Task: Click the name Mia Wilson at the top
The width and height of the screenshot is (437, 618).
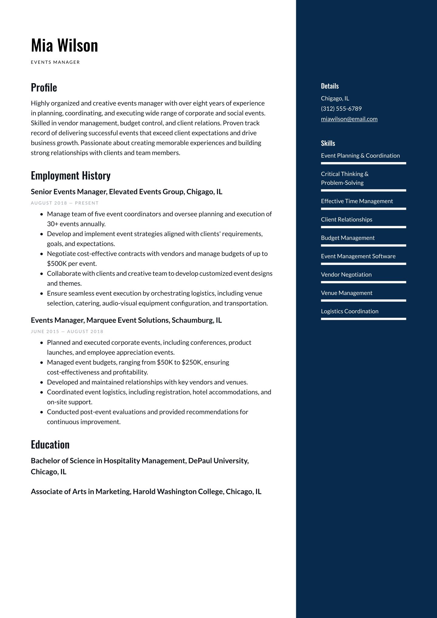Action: (64, 46)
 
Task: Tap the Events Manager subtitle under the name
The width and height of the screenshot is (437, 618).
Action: (55, 62)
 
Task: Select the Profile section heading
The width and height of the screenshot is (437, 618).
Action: (44, 87)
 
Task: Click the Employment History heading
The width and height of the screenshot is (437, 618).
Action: (71, 175)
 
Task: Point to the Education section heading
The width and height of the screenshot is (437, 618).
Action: (50, 445)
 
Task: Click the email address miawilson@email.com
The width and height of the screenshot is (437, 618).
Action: (349, 119)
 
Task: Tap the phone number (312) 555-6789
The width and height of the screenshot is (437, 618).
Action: (341, 109)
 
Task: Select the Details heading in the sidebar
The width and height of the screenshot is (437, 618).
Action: (330, 86)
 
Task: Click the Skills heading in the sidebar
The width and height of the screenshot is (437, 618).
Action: (328, 143)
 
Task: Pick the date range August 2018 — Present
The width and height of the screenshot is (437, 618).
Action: (65, 203)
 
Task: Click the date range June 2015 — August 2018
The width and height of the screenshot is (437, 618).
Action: (67, 331)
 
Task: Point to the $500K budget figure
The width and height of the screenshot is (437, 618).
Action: (57, 263)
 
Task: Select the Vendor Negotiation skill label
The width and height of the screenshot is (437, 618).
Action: (346, 275)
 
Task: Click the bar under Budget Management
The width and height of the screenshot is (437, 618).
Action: (363, 245)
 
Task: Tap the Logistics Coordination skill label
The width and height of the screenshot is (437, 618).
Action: (350, 311)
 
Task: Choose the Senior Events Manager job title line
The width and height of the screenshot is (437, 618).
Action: (126, 192)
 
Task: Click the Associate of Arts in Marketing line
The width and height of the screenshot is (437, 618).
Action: (146, 491)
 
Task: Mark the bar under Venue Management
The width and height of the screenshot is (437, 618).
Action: (363, 301)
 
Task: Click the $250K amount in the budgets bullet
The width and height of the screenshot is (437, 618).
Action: (192, 362)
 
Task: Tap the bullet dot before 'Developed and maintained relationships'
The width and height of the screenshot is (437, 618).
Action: (42, 382)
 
